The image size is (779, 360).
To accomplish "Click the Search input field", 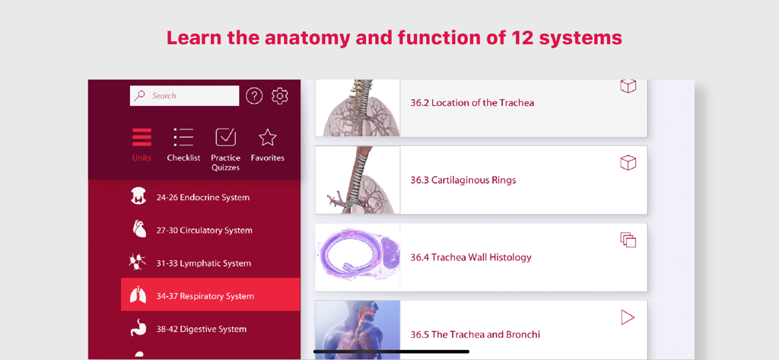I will pyautogui.click(x=185, y=96).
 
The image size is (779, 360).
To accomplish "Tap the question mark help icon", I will pyautogui.click(x=254, y=96).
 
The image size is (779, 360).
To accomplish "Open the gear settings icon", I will pyautogui.click(x=280, y=96).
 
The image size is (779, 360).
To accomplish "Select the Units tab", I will pyautogui.click(x=141, y=144).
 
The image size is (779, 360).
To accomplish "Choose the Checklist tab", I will pyautogui.click(x=183, y=144).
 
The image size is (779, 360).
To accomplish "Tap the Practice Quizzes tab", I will pyautogui.click(x=225, y=148).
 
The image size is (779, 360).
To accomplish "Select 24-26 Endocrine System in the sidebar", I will pyautogui.click(x=202, y=197).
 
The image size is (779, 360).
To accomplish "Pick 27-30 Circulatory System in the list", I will pyautogui.click(x=204, y=230).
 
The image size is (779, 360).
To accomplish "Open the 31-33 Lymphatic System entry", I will pyautogui.click(x=203, y=263).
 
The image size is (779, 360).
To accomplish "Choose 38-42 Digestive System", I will pyautogui.click(x=201, y=329).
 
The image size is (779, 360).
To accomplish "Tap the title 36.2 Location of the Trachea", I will pyautogui.click(x=472, y=103).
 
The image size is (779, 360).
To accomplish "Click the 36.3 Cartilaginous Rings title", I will pyautogui.click(x=463, y=180).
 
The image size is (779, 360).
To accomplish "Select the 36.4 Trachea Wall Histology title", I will pyautogui.click(x=470, y=257).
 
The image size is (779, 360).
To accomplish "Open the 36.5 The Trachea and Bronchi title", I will pyautogui.click(x=475, y=334).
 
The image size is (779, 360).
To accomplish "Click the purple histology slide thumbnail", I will pyautogui.click(x=358, y=256).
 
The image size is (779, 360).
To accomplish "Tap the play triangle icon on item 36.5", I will pyautogui.click(x=628, y=317).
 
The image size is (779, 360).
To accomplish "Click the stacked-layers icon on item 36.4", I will pyautogui.click(x=628, y=241).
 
